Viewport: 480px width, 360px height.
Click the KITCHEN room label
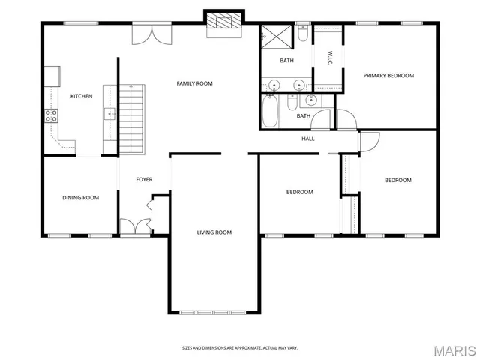tap(81, 96)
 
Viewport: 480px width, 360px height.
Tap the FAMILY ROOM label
tap(195, 83)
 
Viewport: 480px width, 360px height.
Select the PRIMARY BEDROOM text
tap(388, 75)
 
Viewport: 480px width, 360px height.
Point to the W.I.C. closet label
tap(330, 57)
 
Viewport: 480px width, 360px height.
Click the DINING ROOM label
tap(80, 198)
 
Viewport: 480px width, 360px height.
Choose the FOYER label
tap(144, 180)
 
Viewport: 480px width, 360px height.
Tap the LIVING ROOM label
tap(214, 232)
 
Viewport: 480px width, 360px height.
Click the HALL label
tap(308, 139)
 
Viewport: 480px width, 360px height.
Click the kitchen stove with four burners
tap(52, 115)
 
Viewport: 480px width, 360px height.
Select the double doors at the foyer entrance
tap(136, 228)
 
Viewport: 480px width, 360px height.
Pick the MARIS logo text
tap(454, 350)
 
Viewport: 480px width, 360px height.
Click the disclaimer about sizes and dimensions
tap(239, 348)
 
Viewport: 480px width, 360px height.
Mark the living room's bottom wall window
tap(214, 311)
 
